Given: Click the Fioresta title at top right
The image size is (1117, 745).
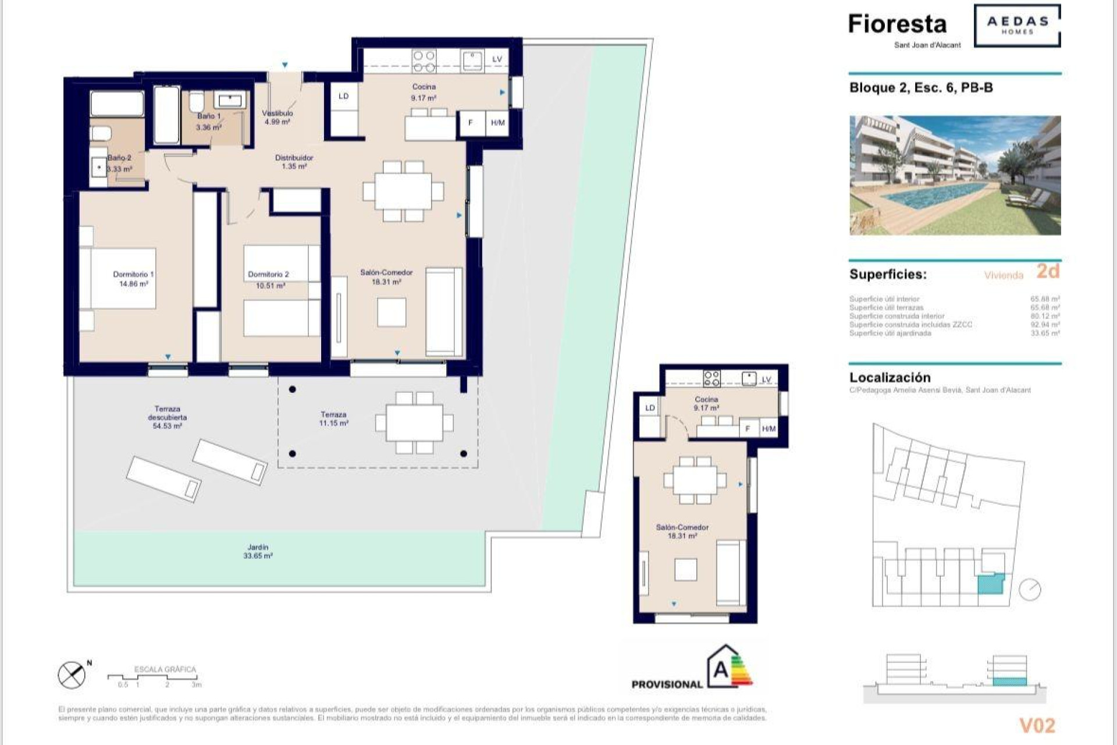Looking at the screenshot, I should coord(897,24).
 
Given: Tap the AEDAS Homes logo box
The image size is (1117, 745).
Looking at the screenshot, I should coord(1017,25).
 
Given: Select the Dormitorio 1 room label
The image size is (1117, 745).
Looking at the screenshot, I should coord(133,274).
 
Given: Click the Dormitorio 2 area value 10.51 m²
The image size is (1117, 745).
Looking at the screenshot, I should coord(271,286).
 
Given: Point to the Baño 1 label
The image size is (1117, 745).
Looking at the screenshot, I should coord(208,116).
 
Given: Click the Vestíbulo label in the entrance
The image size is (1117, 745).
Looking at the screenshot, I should coord(278,113).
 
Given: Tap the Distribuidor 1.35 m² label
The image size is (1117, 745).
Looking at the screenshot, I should coord(294,162).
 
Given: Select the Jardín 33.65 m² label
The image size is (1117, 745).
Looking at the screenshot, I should coord(258,551).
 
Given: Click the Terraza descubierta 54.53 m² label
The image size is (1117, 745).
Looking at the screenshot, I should coord(167,417).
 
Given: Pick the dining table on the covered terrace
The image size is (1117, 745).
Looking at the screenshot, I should coord(414,423).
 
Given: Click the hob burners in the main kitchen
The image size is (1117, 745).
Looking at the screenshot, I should coord(424,61).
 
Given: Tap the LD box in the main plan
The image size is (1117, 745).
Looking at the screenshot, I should coord(343,96).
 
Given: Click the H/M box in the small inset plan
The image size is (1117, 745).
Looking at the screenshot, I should coord(769,429).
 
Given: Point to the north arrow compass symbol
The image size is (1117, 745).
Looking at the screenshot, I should coord(72,675).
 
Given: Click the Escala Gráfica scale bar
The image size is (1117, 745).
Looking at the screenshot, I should coord(154,677).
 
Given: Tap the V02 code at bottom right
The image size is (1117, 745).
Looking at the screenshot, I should coord(1037,725).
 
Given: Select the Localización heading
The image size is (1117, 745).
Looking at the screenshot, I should coord(890,377).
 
